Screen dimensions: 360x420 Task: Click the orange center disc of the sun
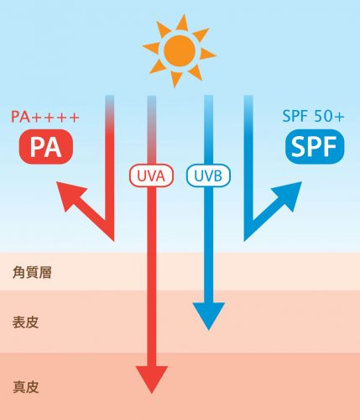point(180,50)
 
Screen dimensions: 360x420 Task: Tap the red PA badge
point(46,146)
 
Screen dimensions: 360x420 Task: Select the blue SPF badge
point(315,146)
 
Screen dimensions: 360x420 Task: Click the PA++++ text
point(45,117)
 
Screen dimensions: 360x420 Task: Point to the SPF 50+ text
point(313,116)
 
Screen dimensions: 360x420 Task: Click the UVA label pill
point(151,176)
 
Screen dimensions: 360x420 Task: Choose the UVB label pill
point(208,176)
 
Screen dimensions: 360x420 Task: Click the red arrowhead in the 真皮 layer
point(152,378)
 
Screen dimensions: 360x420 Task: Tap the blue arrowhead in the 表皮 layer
point(209,315)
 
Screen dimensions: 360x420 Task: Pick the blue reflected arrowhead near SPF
point(289,195)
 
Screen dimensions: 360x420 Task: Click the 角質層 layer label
point(32,272)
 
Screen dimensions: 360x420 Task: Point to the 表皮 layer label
point(25,322)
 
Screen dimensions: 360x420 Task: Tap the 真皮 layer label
point(25,387)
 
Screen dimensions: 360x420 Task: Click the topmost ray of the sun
point(183,23)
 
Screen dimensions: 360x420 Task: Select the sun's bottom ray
point(175,78)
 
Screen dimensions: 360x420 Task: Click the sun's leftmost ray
point(152,47)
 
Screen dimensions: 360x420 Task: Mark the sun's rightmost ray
point(207,54)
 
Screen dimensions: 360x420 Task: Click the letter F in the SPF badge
point(331,147)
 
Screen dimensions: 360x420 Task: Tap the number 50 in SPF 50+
point(323,116)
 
